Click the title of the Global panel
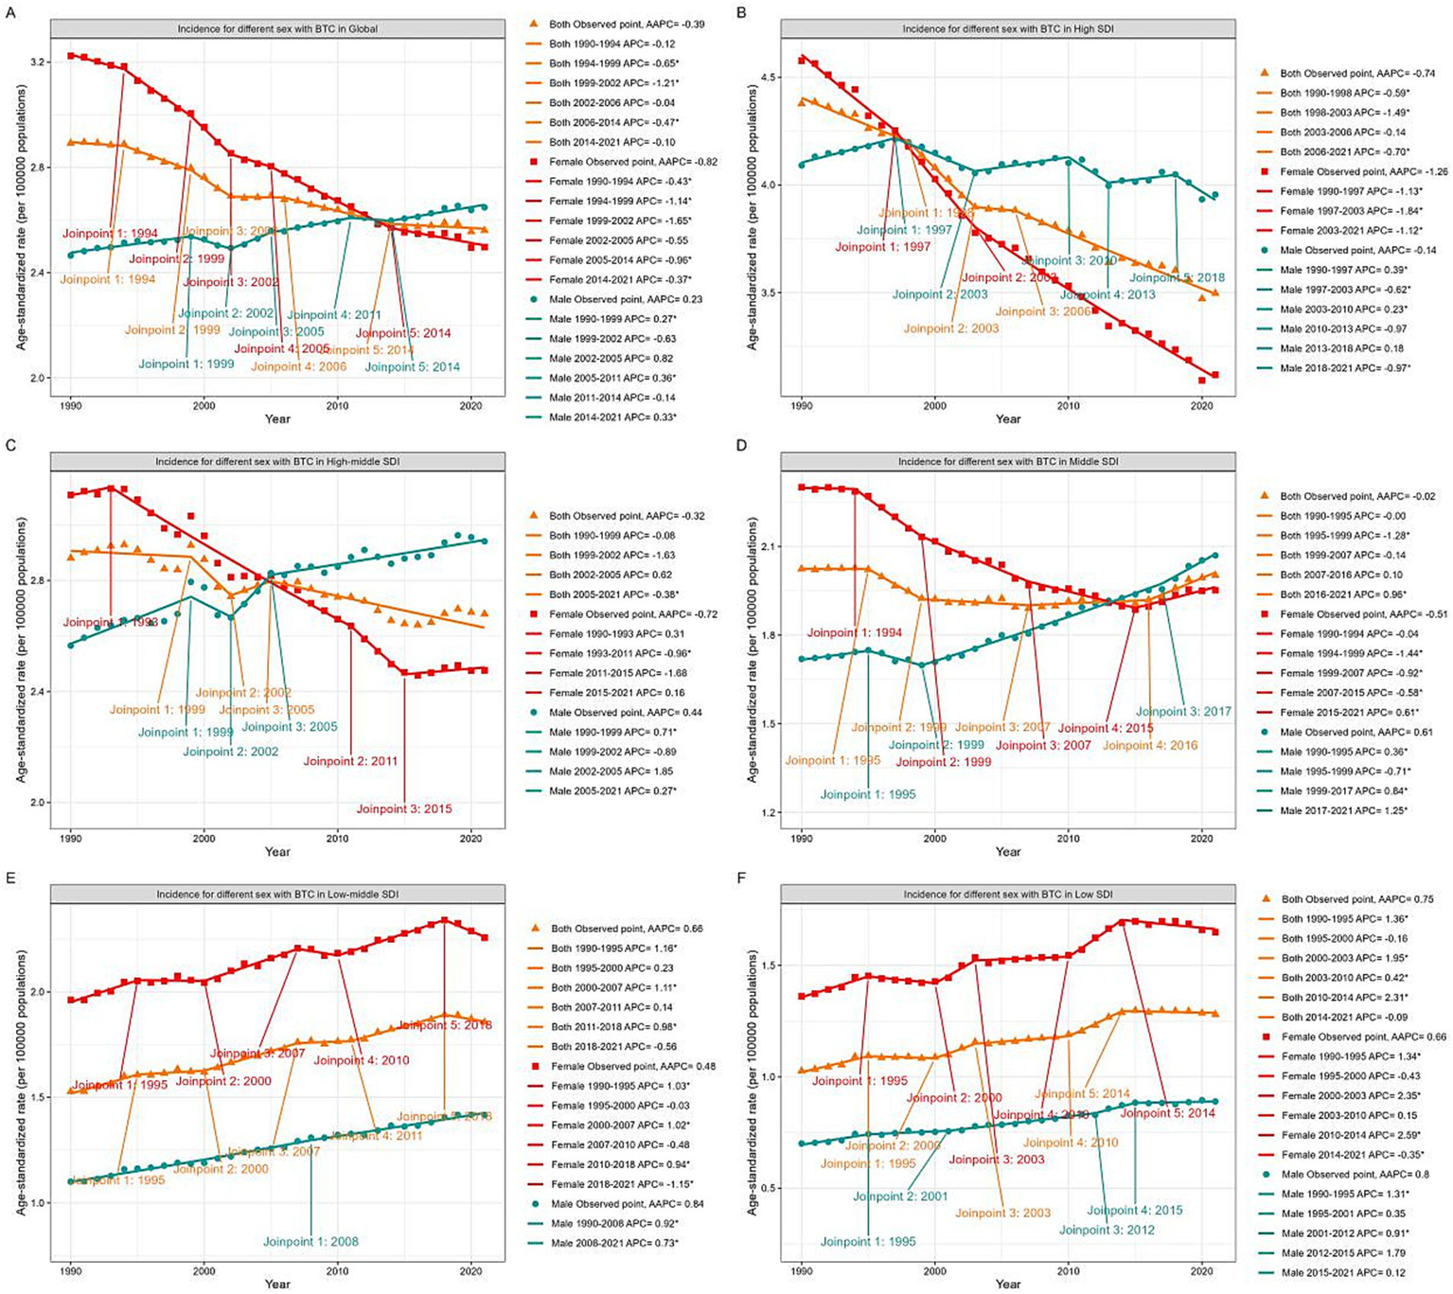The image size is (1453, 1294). (x=277, y=28)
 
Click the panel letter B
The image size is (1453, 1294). (x=741, y=12)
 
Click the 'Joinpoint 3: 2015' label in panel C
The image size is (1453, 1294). (x=404, y=809)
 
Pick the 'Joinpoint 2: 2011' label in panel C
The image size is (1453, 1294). (x=350, y=761)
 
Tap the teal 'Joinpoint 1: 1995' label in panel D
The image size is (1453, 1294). (x=868, y=795)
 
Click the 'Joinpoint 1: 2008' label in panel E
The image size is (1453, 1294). (x=310, y=1242)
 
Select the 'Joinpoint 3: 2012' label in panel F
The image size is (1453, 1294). (x=1106, y=1231)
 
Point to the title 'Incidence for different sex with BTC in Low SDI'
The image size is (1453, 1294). (x=1008, y=895)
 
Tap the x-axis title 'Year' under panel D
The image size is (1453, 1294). (x=1008, y=852)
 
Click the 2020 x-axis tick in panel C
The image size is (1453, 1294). (x=470, y=839)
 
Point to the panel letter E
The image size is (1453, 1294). (x=10, y=877)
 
